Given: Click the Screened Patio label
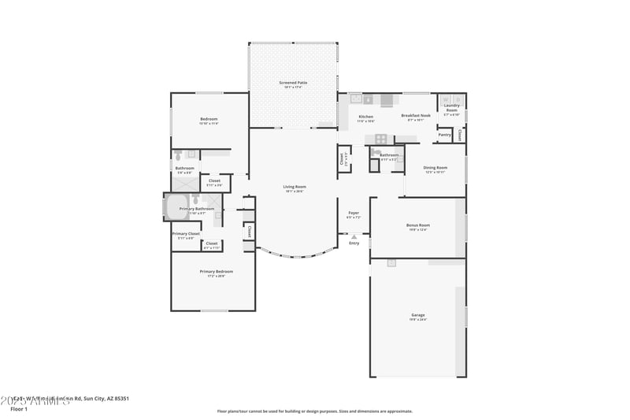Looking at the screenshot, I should click(293, 83).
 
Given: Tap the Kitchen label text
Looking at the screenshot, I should click(366, 117).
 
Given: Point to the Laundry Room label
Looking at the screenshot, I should click(451, 107).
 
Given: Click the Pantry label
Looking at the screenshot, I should click(445, 135).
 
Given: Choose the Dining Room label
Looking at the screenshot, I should click(435, 168).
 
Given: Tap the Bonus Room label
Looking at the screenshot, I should click(417, 226).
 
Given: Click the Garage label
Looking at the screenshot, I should click(417, 315).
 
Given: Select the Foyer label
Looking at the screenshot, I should click(354, 213).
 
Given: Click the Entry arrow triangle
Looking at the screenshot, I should click(354, 236).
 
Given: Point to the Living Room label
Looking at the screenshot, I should click(295, 188).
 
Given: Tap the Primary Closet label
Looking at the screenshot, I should click(186, 234).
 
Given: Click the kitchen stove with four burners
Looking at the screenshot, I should click(381, 139).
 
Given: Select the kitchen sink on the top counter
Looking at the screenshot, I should click(356, 99).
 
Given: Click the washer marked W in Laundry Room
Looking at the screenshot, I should click(446, 99).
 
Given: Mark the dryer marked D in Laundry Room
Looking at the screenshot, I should click(458, 99).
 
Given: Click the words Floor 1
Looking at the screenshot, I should click(19, 409).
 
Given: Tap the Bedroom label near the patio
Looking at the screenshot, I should click(209, 120).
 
